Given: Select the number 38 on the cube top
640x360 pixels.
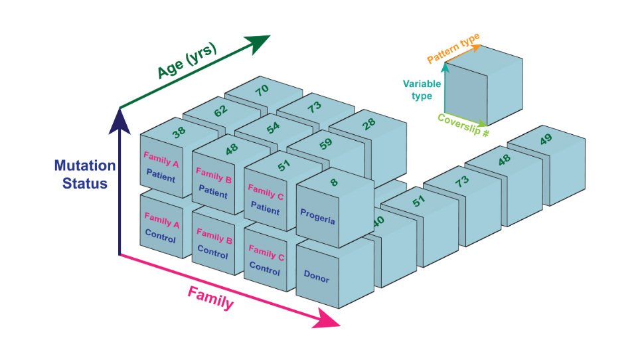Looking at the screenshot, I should [x=179, y=132].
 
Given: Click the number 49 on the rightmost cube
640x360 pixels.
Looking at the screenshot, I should [x=545, y=138].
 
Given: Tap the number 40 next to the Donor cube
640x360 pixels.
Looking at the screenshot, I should [x=379, y=220].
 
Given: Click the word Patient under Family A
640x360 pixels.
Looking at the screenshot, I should [x=161, y=177].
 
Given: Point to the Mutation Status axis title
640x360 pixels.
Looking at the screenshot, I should [x=85, y=174].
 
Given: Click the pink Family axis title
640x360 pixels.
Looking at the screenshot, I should [x=210, y=298].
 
